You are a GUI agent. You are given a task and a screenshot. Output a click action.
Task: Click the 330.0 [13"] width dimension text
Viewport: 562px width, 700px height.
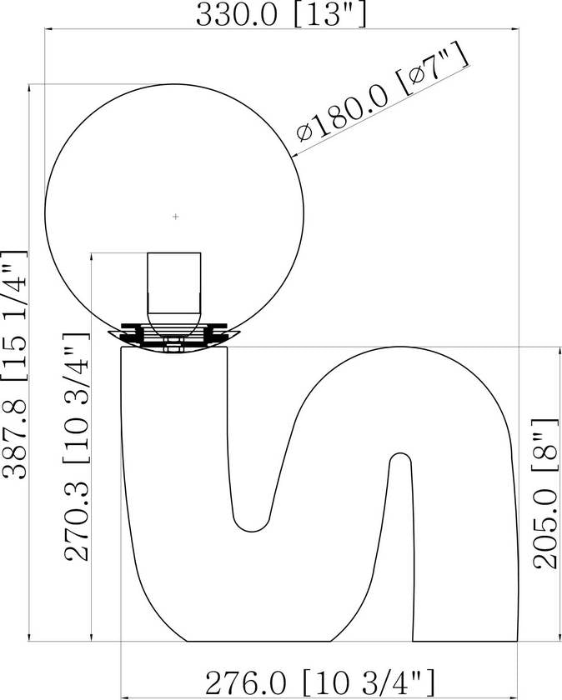click(282, 15)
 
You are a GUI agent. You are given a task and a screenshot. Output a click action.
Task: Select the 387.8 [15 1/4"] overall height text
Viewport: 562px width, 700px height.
click(15, 365)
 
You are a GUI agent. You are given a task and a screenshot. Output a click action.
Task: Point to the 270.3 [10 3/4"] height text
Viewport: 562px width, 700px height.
click(77, 447)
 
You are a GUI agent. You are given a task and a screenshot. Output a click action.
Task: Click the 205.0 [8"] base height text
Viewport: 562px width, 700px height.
click(545, 493)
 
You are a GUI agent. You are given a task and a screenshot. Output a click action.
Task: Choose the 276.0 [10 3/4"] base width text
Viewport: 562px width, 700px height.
click(320, 682)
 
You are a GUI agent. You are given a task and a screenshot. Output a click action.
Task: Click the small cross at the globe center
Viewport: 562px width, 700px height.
click(176, 217)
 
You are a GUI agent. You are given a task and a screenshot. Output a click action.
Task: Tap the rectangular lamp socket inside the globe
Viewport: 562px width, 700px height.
click(174, 283)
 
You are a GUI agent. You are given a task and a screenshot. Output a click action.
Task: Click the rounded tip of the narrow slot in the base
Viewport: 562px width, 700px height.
click(400, 454)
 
